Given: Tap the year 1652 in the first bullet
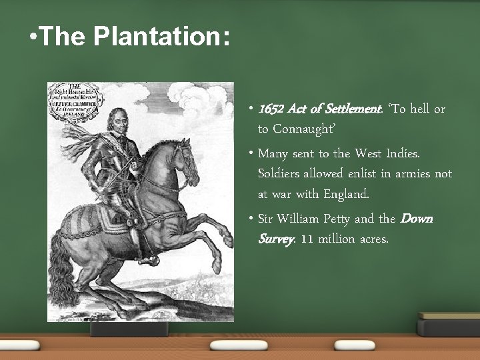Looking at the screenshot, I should tap(271, 109).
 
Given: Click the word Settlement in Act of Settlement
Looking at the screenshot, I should tap(337, 109).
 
